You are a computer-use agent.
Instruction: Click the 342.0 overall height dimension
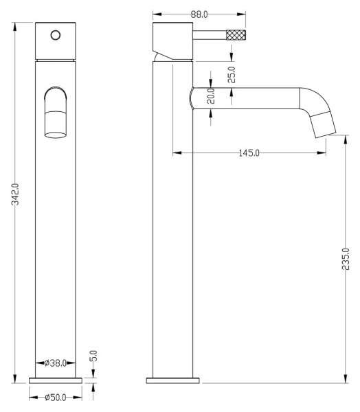(15, 194)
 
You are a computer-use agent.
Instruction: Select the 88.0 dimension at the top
(199, 14)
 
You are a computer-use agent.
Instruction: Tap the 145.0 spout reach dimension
(249, 153)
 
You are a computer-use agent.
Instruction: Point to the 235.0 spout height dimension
(346, 259)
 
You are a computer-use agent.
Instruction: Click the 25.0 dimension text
(232, 75)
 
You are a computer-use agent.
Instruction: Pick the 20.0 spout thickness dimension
(211, 96)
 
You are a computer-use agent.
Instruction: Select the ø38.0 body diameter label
(55, 363)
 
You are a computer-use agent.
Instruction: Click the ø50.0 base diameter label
(55, 398)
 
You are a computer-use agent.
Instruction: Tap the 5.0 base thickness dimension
(93, 356)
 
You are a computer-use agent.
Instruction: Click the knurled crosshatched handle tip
(236, 35)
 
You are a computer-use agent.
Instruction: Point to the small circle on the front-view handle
(56, 35)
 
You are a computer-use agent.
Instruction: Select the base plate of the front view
(56, 380)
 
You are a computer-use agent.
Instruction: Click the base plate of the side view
(172, 380)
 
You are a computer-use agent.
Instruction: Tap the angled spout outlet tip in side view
(323, 125)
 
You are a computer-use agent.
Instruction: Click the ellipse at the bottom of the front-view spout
(56, 135)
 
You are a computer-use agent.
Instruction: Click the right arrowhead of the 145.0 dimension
(322, 153)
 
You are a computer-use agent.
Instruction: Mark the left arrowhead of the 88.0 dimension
(157, 14)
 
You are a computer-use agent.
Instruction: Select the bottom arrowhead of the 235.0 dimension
(346, 378)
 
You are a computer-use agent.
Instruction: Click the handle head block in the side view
(172, 41)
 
